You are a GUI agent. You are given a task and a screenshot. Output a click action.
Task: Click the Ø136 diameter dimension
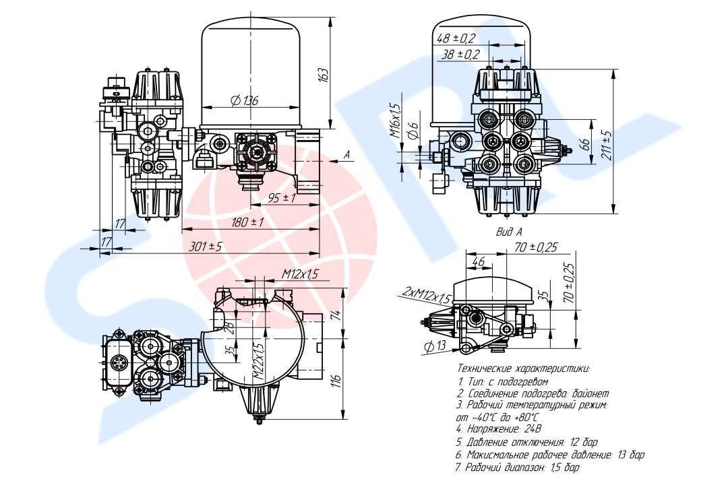pos(244,100)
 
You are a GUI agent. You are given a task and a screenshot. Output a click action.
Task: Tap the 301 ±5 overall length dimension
pos(205,246)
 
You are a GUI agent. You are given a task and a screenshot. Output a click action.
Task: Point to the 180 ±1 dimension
pos(247,222)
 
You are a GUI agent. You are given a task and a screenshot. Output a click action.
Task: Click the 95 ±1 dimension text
pos(282,198)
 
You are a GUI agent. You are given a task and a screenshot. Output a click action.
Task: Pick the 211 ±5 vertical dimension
pos(607,144)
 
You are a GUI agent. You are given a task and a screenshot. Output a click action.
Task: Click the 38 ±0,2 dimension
pos(460,55)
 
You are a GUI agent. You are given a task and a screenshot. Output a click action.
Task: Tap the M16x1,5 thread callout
pos(394,121)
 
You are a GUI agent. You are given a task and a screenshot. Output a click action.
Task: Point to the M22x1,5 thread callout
pos(259,362)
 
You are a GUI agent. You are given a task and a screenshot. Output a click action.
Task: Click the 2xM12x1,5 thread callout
pos(427,295)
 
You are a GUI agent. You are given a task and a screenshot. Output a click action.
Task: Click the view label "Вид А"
pos(509,231)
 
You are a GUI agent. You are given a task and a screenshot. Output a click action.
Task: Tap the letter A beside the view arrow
pos(346,155)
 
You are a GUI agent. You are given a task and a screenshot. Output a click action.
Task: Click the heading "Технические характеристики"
pos(524,369)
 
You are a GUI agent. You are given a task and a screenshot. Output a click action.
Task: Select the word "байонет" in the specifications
pos(588,393)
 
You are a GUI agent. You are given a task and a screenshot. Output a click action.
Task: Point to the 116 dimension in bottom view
pos(337,380)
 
